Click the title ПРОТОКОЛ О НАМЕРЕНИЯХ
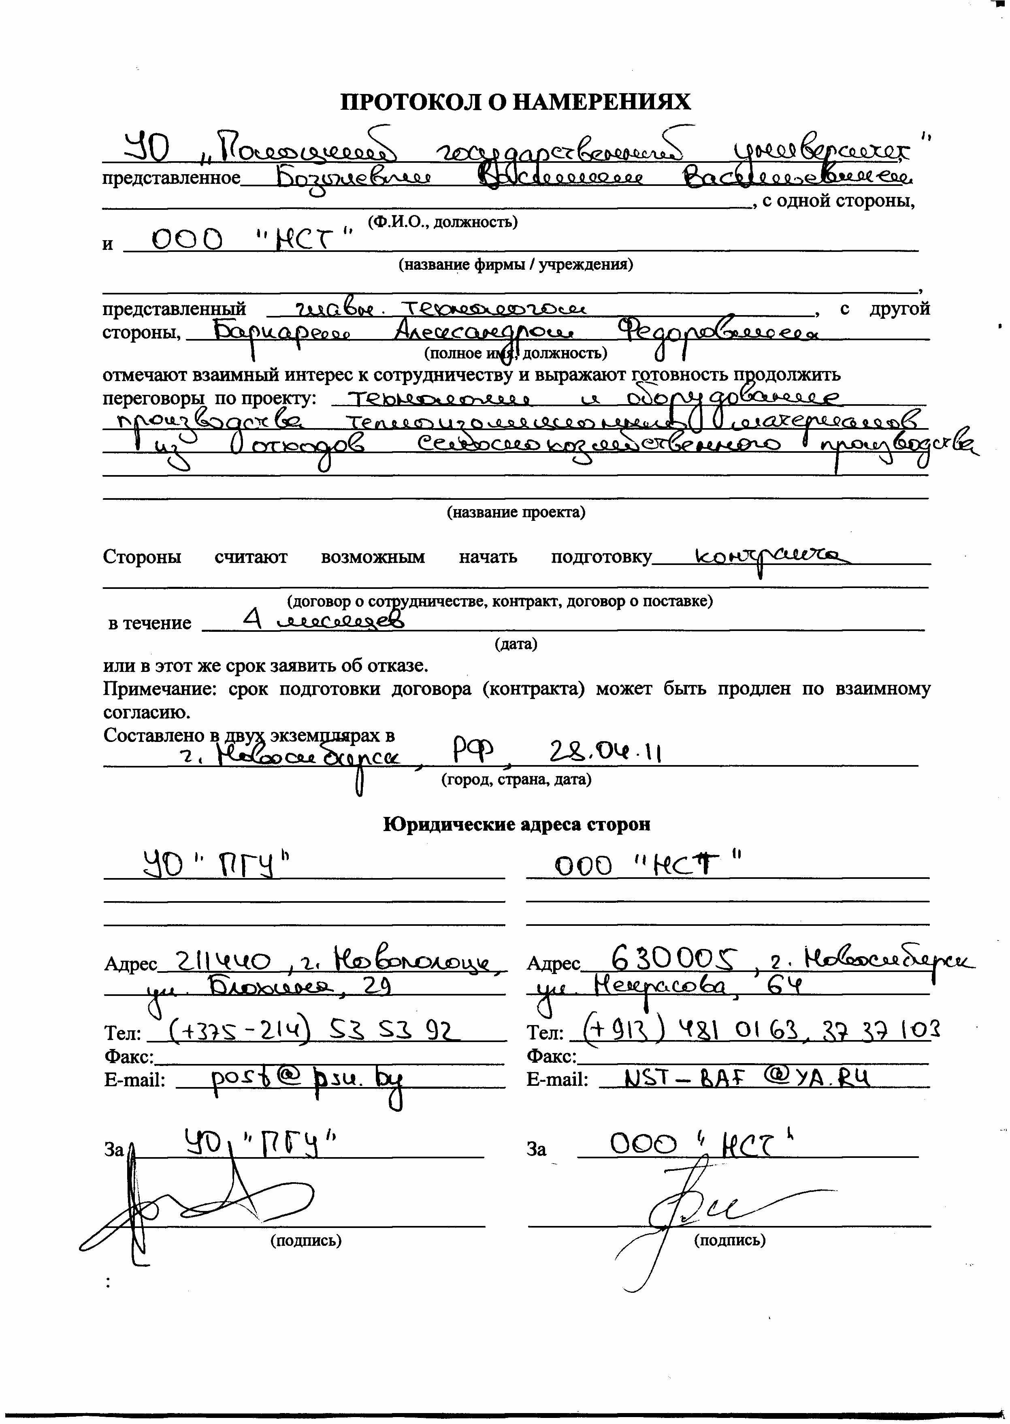click(x=516, y=101)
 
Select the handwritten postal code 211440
click(x=224, y=963)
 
